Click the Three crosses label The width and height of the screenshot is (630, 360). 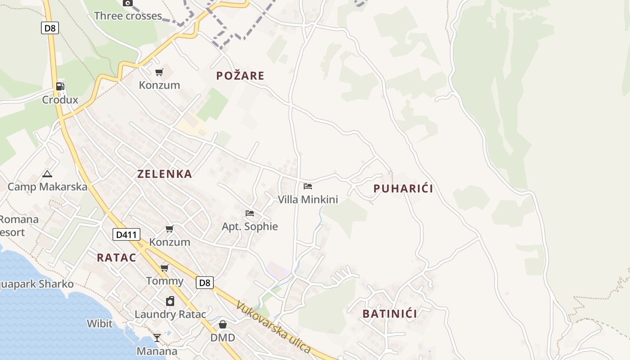coord(128,16)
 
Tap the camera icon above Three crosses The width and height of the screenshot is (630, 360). coord(128,3)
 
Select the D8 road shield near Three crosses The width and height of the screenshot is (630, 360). coord(50,28)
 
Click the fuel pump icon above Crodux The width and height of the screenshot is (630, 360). coord(60,86)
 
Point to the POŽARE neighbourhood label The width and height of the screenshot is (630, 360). coord(240,76)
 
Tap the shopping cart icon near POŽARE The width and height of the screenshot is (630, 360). coord(159,72)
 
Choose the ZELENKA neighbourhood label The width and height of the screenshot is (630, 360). coord(165,174)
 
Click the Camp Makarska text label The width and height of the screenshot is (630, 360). coord(47,187)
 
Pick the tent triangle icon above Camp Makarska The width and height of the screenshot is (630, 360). coord(47,174)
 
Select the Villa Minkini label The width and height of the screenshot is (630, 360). coord(308,199)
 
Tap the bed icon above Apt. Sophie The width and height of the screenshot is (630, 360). coord(250,213)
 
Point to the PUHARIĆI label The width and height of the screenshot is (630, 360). coord(403,189)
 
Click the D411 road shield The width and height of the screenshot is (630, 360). coord(126,234)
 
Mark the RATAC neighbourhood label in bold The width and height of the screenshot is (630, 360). coord(117,257)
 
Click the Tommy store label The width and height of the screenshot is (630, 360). coord(165,281)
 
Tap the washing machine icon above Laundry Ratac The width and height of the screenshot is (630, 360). coord(170,301)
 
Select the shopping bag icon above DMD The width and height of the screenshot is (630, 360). coord(223,324)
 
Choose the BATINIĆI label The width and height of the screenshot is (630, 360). coord(390,314)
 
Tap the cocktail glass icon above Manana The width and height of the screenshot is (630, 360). coord(157,337)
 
